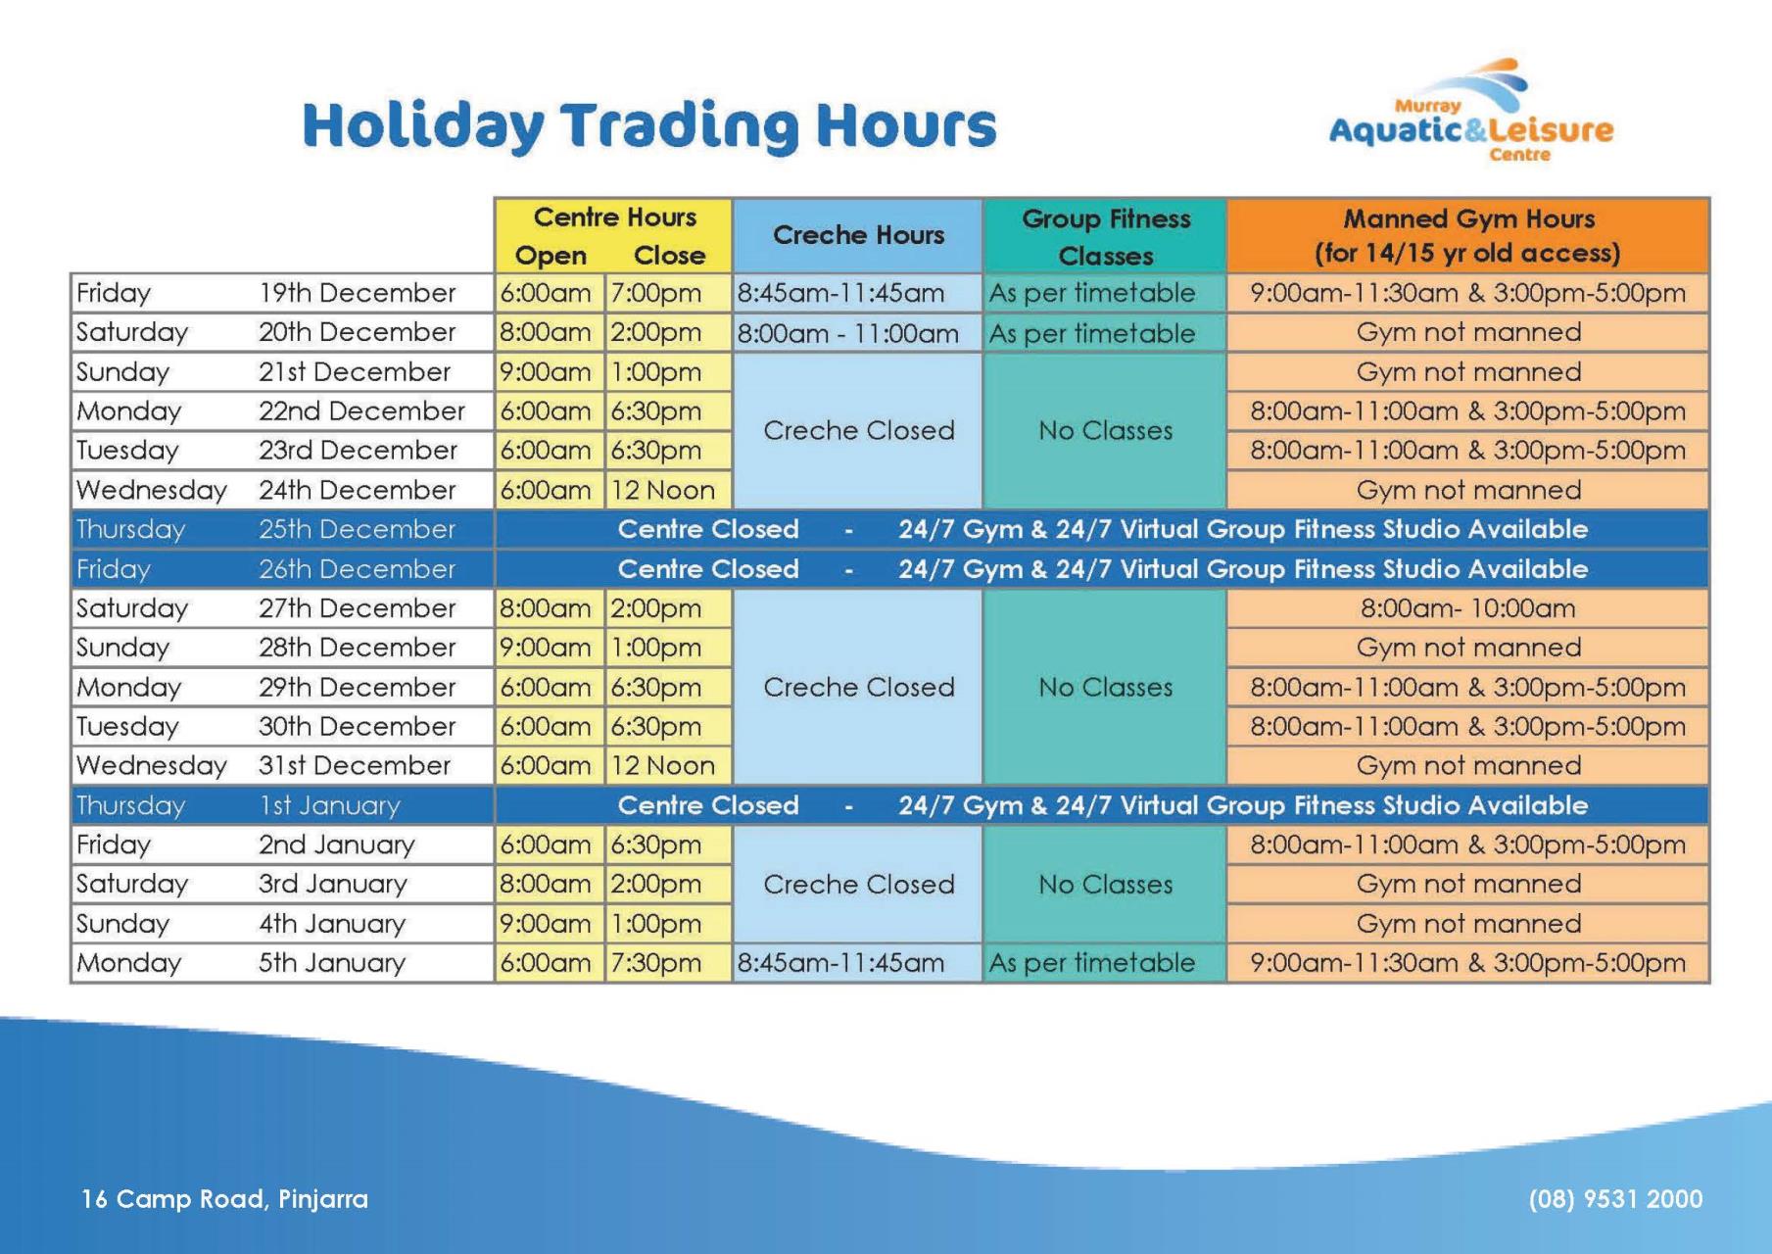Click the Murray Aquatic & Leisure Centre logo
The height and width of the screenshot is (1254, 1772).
click(1470, 112)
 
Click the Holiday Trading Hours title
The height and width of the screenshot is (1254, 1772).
click(649, 126)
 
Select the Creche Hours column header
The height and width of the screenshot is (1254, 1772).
click(858, 235)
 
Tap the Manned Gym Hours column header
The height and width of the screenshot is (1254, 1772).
click(1467, 236)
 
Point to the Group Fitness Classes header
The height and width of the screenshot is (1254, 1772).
click(1106, 237)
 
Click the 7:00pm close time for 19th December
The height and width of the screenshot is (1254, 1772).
click(656, 293)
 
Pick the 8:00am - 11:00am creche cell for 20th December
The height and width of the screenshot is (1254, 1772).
click(847, 333)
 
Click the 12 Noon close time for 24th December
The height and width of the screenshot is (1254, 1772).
click(663, 490)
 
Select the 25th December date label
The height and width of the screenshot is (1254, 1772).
click(358, 529)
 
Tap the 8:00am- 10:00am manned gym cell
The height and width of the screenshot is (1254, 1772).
click(1467, 608)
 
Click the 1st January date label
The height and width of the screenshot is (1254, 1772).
click(330, 805)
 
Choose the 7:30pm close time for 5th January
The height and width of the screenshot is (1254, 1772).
click(656, 963)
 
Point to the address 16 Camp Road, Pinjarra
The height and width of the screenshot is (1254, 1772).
click(224, 1199)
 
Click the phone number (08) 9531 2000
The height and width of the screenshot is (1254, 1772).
click(1615, 1199)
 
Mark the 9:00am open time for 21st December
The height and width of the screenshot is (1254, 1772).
click(546, 372)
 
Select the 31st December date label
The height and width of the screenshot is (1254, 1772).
click(355, 765)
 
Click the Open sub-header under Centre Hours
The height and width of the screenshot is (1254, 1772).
click(551, 256)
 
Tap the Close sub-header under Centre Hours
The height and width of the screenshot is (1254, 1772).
click(669, 256)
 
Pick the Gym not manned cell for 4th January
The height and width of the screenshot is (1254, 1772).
click(1468, 924)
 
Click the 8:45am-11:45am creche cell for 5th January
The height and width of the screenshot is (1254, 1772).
click(840, 963)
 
